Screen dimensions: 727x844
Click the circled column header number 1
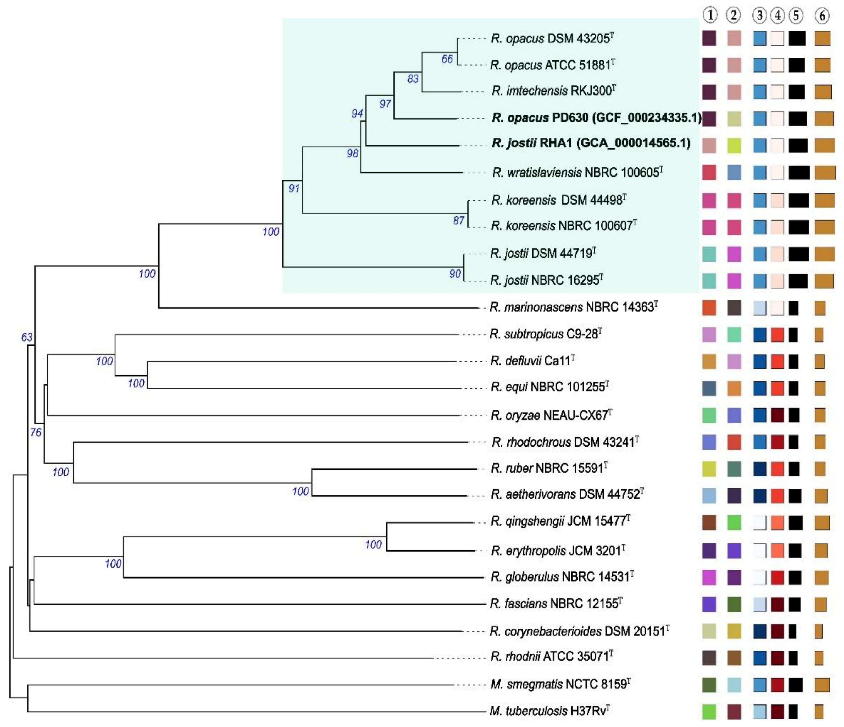(710, 15)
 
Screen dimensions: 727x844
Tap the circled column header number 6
(822, 15)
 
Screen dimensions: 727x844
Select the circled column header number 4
(778, 15)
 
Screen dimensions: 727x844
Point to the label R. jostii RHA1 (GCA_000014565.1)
(591, 143)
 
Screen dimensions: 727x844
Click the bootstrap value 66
(447, 59)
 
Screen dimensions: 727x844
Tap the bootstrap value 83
(413, 79)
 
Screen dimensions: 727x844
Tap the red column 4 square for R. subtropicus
(777, 335)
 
